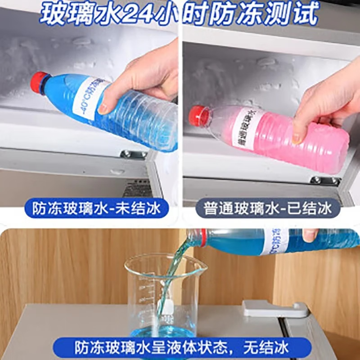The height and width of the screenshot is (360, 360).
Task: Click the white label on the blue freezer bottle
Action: (90, 97)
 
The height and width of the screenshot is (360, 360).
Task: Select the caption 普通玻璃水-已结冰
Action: (268, 208)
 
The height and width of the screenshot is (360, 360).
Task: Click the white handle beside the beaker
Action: (274, 310)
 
